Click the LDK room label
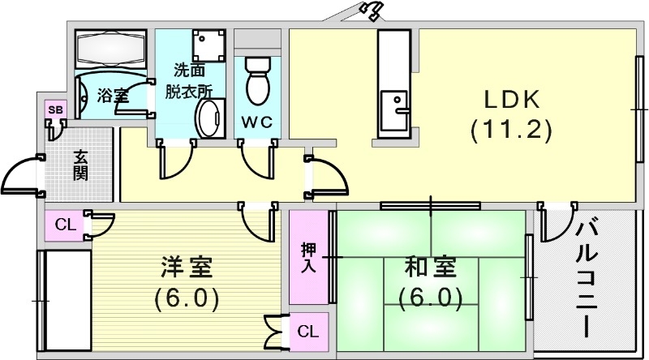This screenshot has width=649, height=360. tap(512, 99)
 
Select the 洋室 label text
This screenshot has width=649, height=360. tap(186, 267)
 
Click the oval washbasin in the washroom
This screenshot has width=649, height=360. tap(209, 120)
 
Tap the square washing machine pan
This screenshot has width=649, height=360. tap(208, 47)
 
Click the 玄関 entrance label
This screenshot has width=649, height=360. tap(80, 165)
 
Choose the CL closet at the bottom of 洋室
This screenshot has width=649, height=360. tap(307, 331)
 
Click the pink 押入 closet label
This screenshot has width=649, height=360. tap(308, 257)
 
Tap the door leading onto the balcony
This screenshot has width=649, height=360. tap(556, 223)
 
